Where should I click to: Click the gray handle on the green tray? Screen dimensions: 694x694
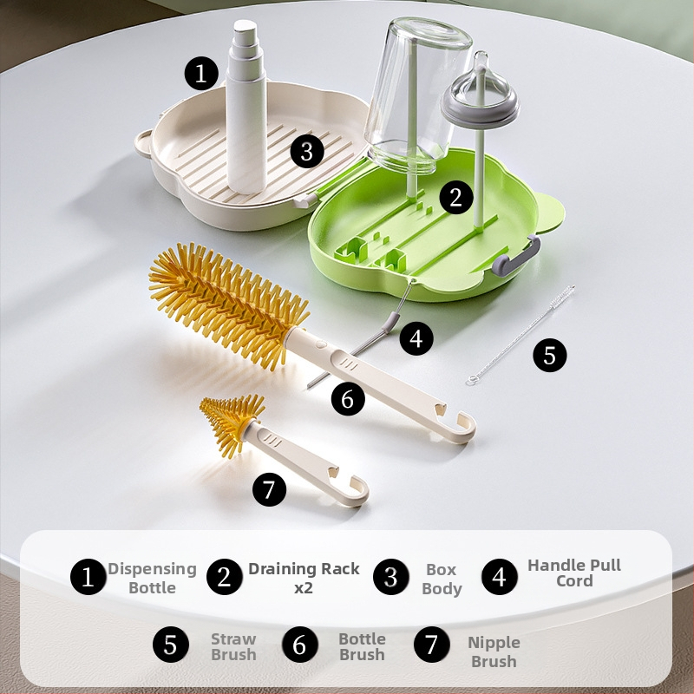click(x=516, y=256)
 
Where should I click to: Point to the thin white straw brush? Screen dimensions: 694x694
click(x=520, y=335)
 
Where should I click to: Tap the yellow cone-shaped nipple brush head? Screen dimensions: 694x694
click(x=232, y=422)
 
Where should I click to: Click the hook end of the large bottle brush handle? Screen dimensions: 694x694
click(x=462, y=427)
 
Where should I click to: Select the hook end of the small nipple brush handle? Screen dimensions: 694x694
click(x=357, y=491)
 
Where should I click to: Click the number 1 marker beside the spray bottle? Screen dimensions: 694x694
click(x=201, y=73)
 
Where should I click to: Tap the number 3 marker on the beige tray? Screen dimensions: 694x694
click(x=307, y=151)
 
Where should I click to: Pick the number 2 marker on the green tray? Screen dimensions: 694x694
click(x=456, y=197)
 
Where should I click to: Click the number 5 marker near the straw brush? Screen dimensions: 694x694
click(x=550, y=355)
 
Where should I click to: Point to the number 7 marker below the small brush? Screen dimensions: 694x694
click(x=269, y=489)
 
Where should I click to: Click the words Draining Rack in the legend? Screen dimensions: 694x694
click(x=304, y=569)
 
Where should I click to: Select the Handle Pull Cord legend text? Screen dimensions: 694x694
click(x=574, y=573)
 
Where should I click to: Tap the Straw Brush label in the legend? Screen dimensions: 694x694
click(x=233, y=646)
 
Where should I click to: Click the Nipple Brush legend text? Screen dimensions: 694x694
click(x=494, y=651)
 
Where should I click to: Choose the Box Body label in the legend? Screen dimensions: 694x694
click(x=442, y=579)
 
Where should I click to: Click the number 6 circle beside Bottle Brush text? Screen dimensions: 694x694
click(x=300, y=645)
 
